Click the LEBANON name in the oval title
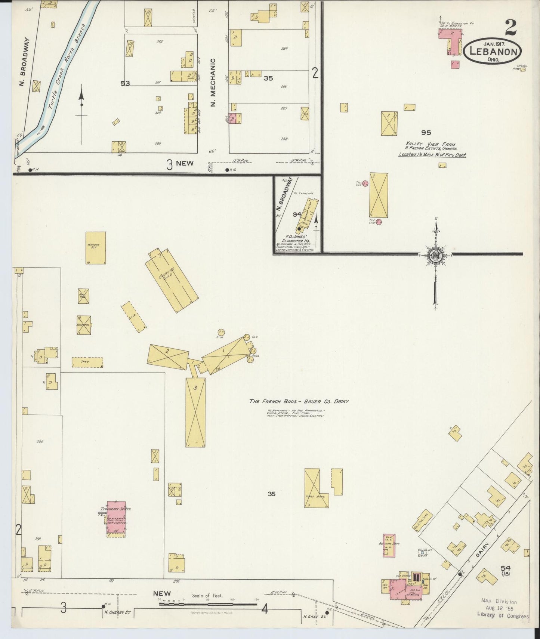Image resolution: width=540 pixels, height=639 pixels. coord(493,51)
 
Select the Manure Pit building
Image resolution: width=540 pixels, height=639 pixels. coord(96,248)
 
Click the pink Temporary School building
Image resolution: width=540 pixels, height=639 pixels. coord(116,518)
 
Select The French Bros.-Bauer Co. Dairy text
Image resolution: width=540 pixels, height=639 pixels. coord(299,401)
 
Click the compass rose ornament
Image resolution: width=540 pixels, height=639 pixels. coord(436,255)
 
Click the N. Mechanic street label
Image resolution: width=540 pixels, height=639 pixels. coord(213,82)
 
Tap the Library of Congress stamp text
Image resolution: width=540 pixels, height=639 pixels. coord(503,616)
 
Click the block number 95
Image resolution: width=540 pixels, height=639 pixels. coord(426,132)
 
